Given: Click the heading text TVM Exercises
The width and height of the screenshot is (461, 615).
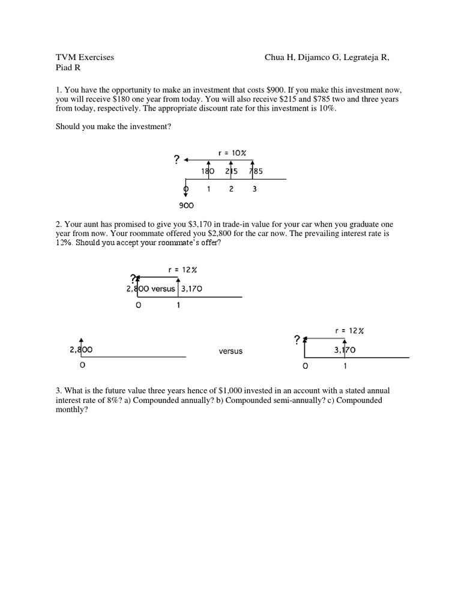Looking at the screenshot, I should click(85, 58).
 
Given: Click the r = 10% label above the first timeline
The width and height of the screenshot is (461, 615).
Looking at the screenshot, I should click(232, 153).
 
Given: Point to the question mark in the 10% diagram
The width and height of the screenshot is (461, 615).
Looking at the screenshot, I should click(176, 160).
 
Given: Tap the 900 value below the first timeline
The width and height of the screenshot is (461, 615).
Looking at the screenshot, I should click(186, 205).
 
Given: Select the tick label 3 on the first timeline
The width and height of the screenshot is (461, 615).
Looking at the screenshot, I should click(255, 189).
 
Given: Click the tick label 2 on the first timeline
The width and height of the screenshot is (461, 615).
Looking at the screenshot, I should click(232, 189).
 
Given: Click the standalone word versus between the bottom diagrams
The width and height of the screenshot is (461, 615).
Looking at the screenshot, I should click(230, 351).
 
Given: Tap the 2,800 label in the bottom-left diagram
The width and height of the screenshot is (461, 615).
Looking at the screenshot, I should click(81, 349).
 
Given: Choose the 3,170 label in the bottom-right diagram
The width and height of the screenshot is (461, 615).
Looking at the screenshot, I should click(344, 349).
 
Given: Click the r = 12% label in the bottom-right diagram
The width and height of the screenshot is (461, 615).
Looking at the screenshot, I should click(349, 330).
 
